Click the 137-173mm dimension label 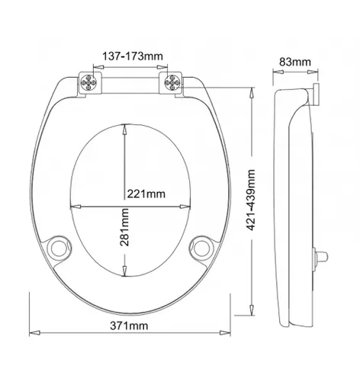tap(133, 56)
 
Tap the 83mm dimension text tap(295, 62)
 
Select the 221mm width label tap(146, 194)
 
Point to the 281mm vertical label tap(124, 227)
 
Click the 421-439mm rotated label tap(251, 200)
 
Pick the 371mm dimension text tap(129, 325)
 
